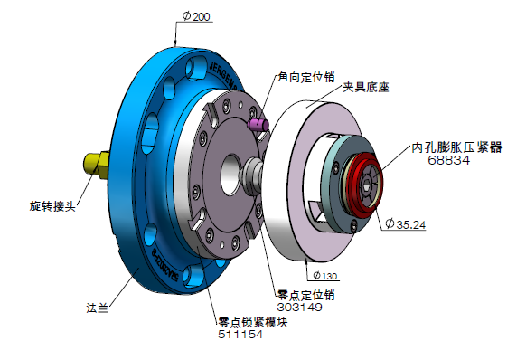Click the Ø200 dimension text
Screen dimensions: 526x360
[x=196, y=16]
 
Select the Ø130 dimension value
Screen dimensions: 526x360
[x=325, y=276]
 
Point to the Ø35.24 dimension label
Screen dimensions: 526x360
[x=406, y=224]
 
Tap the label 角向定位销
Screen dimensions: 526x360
[x=306, y=77]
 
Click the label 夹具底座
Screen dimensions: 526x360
[x=366, y=88]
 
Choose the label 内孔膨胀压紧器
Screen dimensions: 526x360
[x=456, y=147]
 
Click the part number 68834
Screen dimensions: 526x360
[x=449, y=160]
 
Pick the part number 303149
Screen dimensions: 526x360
[x=299, y=307]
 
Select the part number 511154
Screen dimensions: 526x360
[x=240, y=334]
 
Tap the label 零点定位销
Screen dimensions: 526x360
[x=306, y=295]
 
